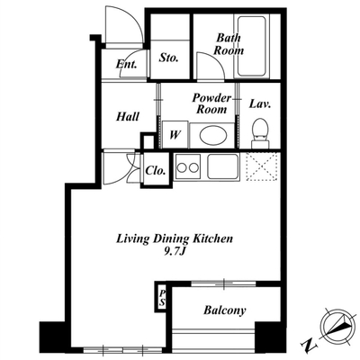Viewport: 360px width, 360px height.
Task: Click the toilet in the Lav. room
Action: [260, 133]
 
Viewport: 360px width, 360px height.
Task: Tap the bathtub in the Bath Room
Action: [251, 46]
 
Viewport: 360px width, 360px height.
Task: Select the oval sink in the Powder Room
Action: [211, 136]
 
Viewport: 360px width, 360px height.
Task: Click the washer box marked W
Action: [175, 134]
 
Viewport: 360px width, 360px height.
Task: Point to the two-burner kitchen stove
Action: [188, 166]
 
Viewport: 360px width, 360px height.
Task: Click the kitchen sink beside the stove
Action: [222, 166]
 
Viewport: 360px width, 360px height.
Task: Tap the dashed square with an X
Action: [262, 166]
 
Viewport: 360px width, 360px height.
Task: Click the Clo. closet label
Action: [156, 171]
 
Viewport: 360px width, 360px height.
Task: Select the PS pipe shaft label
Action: [162, 298]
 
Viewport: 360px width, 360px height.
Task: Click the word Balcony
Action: [225, 310]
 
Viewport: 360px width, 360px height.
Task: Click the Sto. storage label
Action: [168, 58]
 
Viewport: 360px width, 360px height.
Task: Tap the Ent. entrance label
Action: [127, 64]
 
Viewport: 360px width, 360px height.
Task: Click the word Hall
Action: [128, 116]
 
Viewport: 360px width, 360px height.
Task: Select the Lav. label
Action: [260, 104]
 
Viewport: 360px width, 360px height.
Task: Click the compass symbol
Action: [336, 327]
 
